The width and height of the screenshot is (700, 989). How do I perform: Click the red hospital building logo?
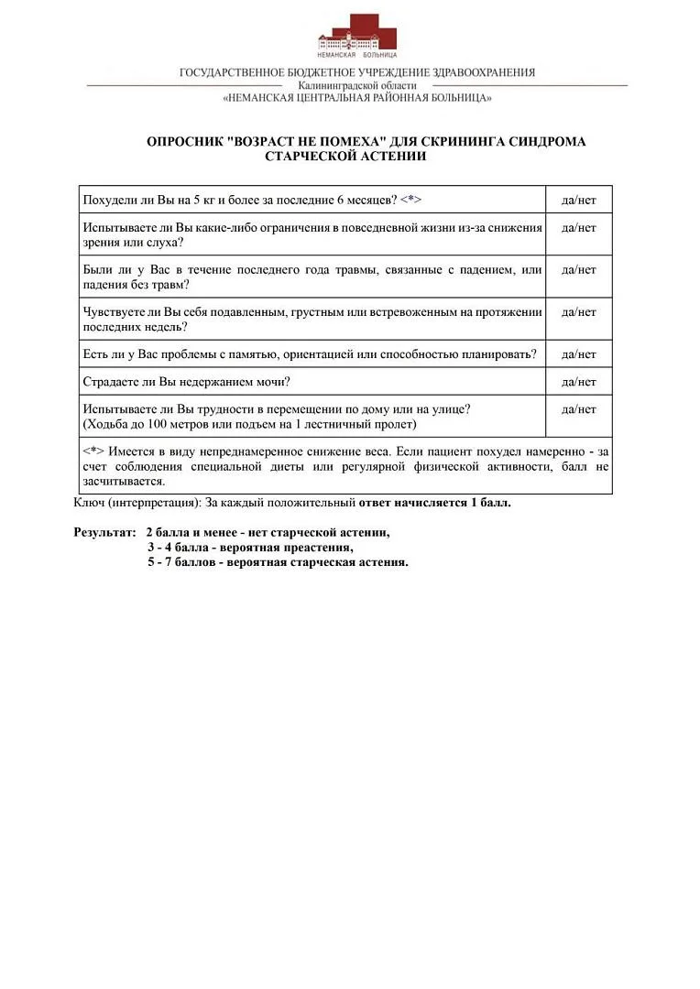click(x=357, y=37)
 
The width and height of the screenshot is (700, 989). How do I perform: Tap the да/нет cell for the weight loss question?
click(x=579, y=200)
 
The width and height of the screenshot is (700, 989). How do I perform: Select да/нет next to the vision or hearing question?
click(x=579, y=227)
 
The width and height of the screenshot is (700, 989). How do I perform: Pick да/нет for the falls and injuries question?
click(x=579, y=270)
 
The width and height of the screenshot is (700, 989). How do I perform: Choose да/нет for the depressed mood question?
click(x=579, y=312)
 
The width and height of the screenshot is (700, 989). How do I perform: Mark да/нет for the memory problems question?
click(x=579, y=354)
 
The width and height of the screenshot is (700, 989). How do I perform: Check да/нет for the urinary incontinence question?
click(x=579, y=382)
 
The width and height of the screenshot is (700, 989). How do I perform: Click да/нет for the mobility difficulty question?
click(x=579, y=409)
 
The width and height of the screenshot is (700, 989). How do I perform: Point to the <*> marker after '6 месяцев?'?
click(x=410, y=200)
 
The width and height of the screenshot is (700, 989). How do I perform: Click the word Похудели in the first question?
click(x=108, y=200)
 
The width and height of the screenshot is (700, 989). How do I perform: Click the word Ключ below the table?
click(x=88, y=503)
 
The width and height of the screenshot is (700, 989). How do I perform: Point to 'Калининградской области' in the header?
click(x=357, y=85)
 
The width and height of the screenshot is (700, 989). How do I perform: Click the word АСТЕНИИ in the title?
click(x=394, y=157)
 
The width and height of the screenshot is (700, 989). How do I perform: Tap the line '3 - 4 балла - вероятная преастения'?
click(x=250, y=547)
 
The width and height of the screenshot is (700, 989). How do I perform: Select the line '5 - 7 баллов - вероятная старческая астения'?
click(x=278, y=561)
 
